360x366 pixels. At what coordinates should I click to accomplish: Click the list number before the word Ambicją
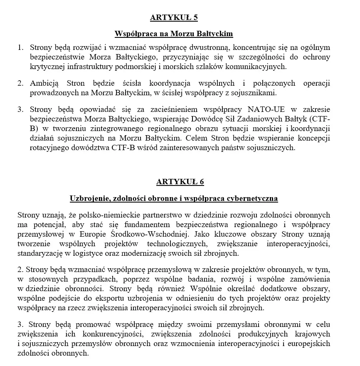[x=21, y=83]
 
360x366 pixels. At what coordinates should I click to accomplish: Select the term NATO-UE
[x=267, y=110]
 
